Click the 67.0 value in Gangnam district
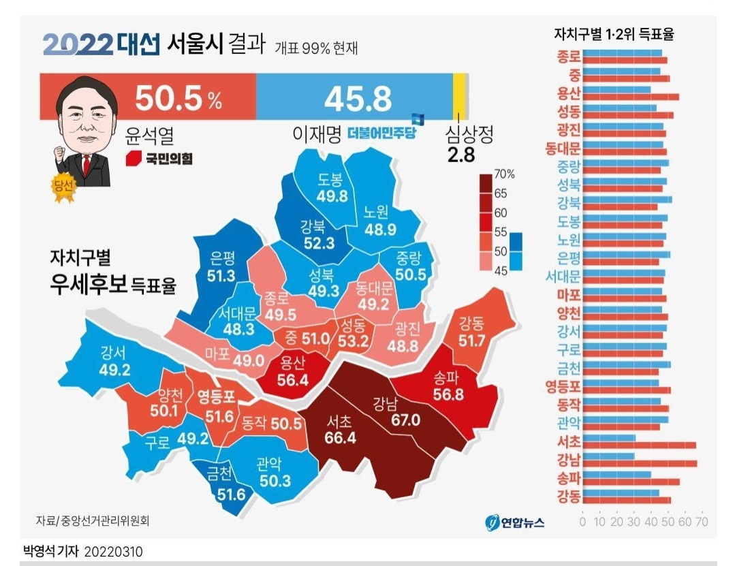pos(405,420)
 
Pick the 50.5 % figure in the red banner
pos(178,99)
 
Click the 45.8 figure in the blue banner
pos(358,99)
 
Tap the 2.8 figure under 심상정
pos(460,155)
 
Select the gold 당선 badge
pos(63,188)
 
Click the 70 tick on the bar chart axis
pos(702,522)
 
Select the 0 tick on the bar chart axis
pos(582,522)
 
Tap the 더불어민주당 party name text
pos(381,133)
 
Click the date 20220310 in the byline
pos(114,551)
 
